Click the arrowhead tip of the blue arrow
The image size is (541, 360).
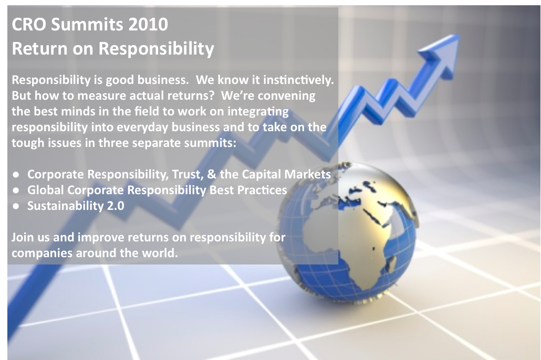click(459, 35)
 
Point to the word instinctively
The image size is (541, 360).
click(298, 80)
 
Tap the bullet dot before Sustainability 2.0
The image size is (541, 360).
click(16, 206)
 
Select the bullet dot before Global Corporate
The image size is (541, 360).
click(16, 190)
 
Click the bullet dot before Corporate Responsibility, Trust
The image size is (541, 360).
click(16, 175)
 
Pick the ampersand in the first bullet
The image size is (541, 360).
click(211, 174)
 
